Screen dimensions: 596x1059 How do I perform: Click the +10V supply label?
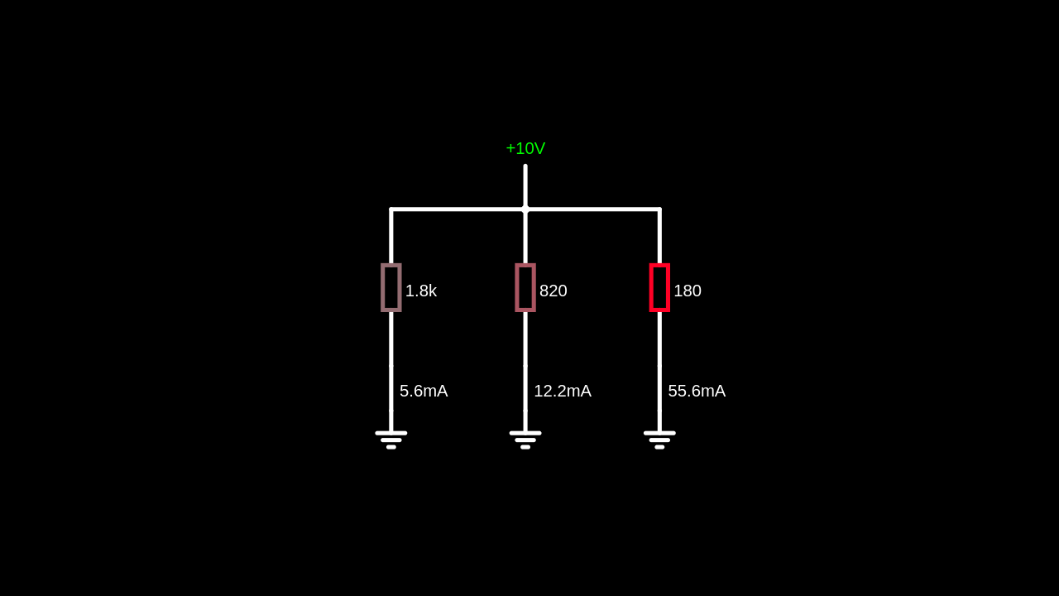coord(525,149)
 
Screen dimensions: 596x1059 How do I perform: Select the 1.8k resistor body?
coord(391,287)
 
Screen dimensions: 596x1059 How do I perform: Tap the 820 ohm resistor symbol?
coord(525,287)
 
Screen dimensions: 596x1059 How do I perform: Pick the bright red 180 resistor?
coord(659,287)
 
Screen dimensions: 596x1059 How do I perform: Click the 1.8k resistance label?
coord(421,291)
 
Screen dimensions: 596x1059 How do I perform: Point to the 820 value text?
coord(553,291)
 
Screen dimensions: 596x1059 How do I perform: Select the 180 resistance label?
coord(688,291)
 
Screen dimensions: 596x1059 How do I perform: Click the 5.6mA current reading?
coord(424,392)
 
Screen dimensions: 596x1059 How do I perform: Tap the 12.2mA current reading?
coord(563,392)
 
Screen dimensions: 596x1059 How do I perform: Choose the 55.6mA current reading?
coord(697,392)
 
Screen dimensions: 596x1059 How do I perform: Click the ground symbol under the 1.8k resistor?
coord(391,439)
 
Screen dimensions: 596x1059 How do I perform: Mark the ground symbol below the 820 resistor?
coord(525,439)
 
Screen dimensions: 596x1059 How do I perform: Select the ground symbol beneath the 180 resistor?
coord(659,439)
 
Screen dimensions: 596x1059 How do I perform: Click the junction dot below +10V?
coord(525,209)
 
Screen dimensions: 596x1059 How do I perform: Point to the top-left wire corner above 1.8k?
coord(391,209)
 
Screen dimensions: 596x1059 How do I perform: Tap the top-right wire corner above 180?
coord(659,209)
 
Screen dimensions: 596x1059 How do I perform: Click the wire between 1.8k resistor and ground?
coord(391,348)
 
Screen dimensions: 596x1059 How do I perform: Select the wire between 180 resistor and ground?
coord(659,348)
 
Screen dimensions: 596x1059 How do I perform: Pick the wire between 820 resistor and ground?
coord(525,348)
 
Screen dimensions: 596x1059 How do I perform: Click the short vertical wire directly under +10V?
coord(525,186)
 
